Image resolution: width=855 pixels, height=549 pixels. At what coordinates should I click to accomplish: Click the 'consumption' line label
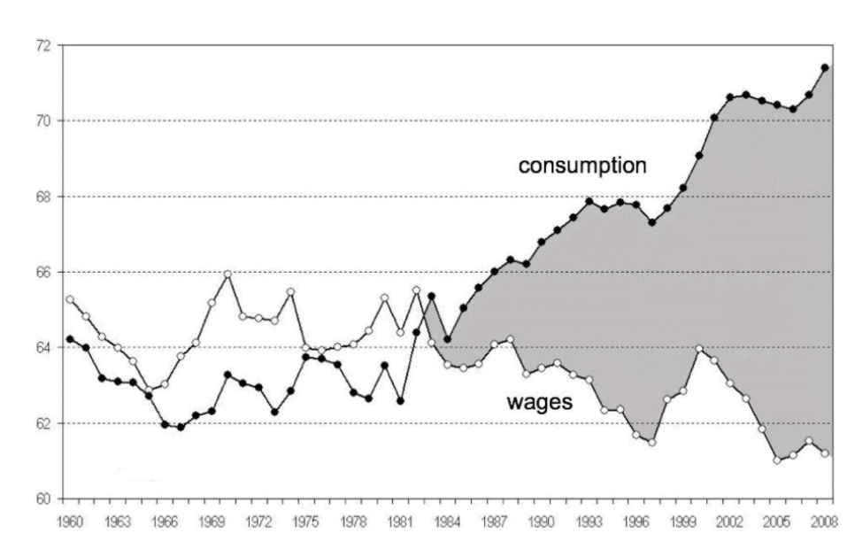(x=583, y=166)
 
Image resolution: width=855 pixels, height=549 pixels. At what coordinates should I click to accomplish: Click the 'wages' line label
(x=540, y=402)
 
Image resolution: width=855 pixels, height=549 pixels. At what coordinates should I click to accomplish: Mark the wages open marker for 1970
(x=227, y=274)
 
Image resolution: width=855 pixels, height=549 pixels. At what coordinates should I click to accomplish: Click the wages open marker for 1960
(x=70, y=299)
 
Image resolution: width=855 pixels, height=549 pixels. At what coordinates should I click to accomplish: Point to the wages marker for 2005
(x=777, y=460)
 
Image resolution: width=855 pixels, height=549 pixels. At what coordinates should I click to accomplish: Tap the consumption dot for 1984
(x=448, y=339)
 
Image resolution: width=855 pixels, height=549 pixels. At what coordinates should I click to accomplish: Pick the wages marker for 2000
(x=699, y=348)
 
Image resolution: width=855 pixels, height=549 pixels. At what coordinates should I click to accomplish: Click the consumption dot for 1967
(x=181, y=427)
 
